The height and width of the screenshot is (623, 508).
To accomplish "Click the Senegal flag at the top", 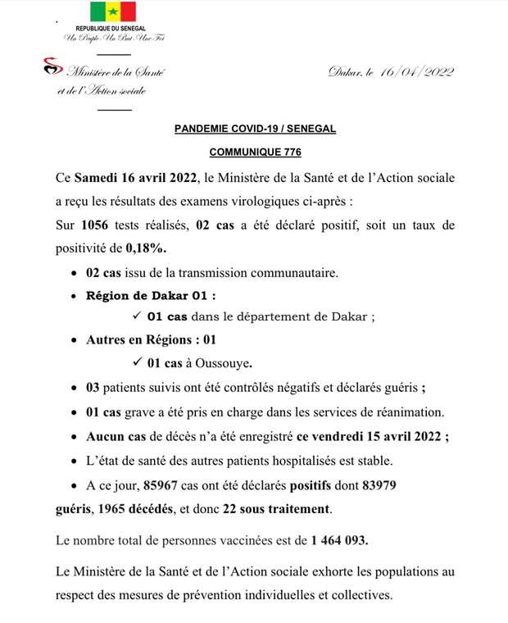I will tap(113, 11).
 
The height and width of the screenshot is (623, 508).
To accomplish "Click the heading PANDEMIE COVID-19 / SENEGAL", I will tap(256, 130).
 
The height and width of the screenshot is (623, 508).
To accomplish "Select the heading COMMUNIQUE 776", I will tap(255, 152).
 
